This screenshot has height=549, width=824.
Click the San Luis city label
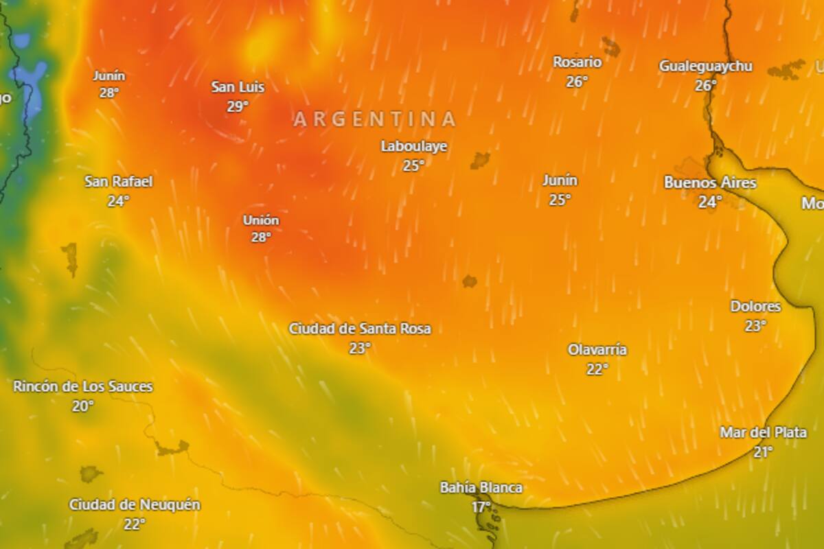tap(238, 87)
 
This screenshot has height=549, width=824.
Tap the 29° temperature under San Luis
tap(238, 106)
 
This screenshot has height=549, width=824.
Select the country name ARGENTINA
tap(375, 119)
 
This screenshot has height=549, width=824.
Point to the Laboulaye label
tap(414, 146)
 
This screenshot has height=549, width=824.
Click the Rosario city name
tap(577, 62)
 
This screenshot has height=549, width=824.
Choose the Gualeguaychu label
tap(705, 67)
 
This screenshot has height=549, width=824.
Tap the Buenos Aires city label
tap(710, 183)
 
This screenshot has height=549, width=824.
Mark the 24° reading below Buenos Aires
tap(710, 202)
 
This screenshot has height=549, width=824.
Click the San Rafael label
tap(119, 182)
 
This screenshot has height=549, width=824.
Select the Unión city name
tap(261, 220)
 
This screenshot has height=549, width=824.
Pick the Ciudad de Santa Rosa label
tap(360, 329)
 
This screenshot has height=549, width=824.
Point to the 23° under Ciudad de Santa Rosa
tap(360, 348)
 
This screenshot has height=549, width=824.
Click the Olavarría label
tap(597, 350)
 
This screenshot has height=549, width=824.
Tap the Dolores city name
tap(755, 307)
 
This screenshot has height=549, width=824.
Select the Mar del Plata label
tap(763, 432)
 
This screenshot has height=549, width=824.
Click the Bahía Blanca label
tap(481, 488)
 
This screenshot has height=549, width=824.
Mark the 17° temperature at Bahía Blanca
tap(481, 507)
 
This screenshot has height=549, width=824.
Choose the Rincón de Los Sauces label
tap(83, 386)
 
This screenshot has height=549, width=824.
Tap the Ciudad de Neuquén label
tap(135, 505)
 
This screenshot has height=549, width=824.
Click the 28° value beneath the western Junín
tap(109, 93)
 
